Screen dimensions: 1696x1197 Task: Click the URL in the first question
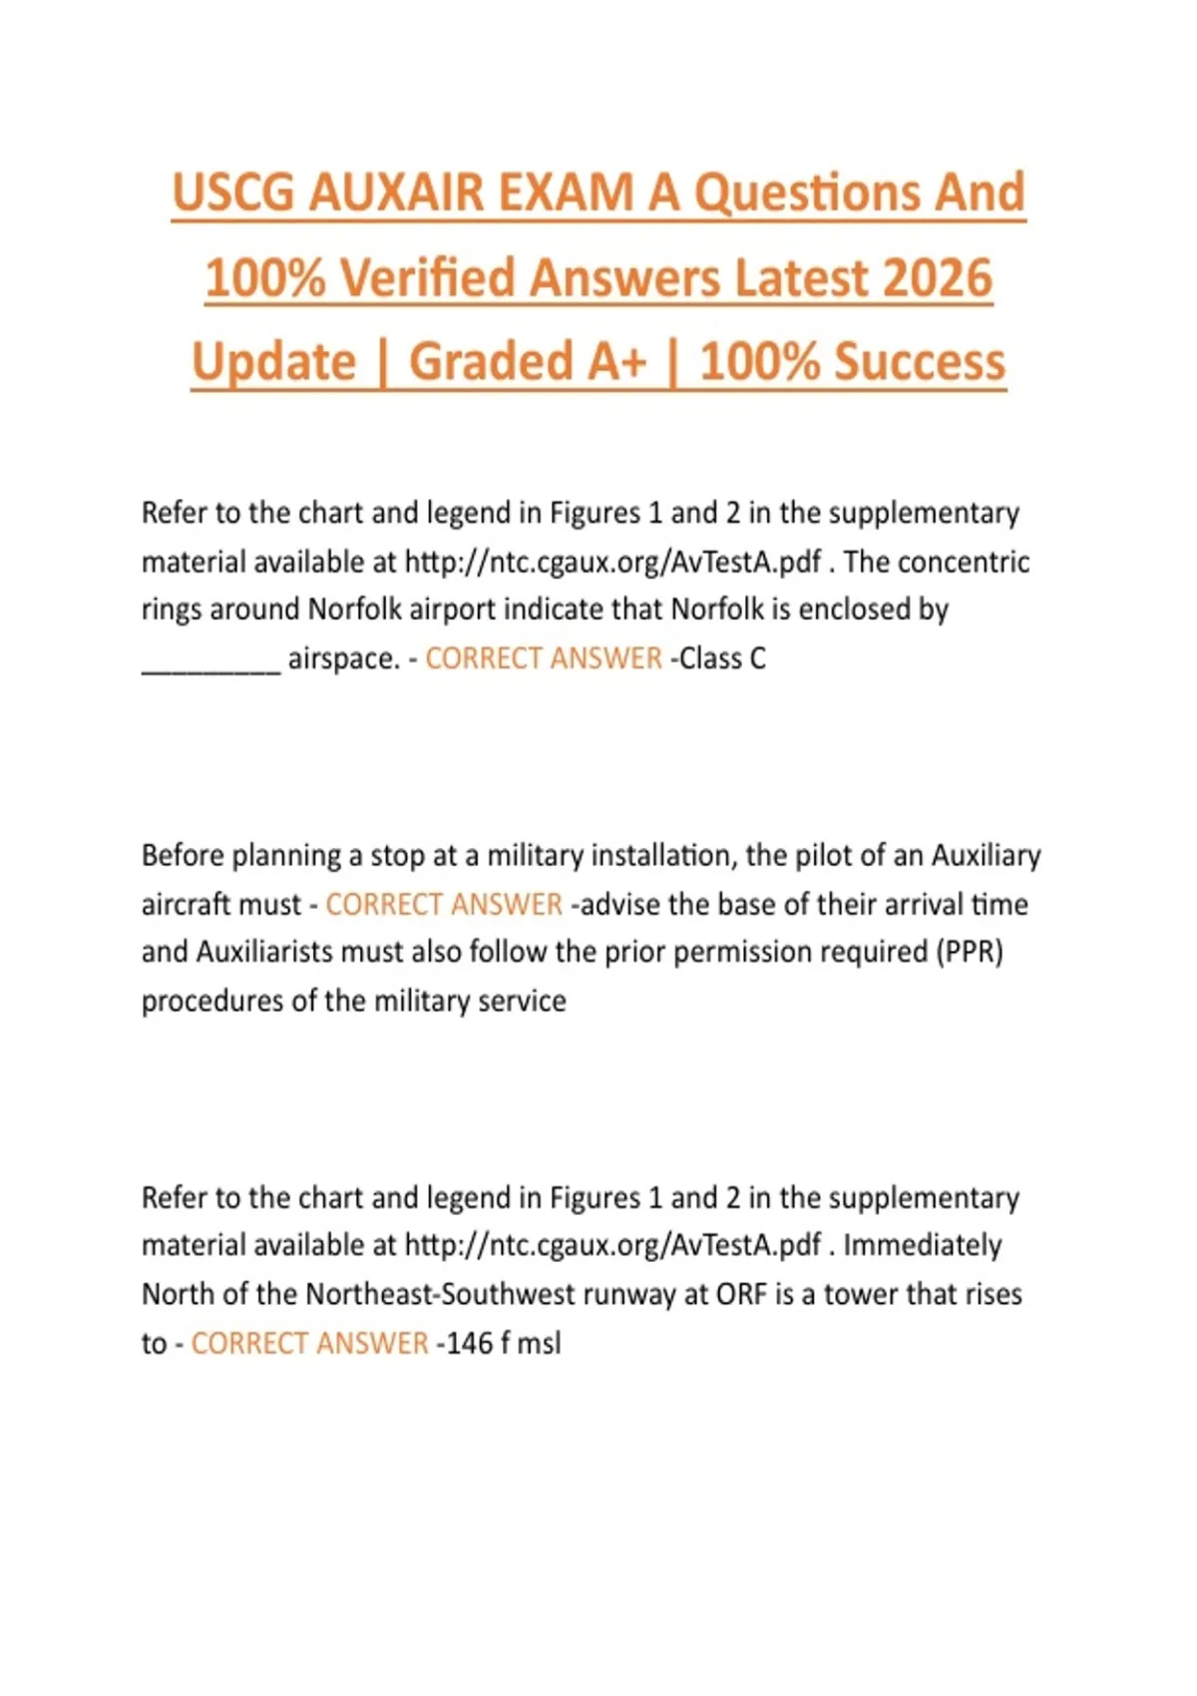tap(612, 562)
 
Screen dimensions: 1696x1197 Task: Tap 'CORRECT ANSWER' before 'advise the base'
tap(444, 904)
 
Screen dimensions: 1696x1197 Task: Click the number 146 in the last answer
tap(469, 1343)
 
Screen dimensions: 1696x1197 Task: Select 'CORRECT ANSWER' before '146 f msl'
tap(309, 1343)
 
